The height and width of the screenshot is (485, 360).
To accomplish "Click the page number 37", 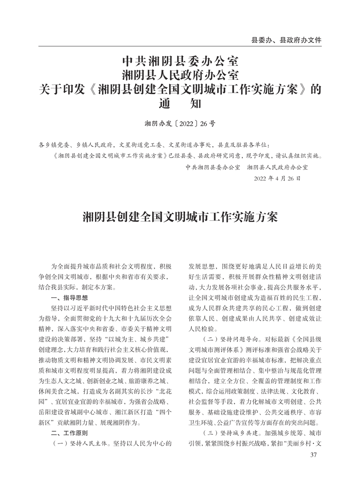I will click(x=314, y=455).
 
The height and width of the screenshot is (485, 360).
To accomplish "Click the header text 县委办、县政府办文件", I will click(x=286, y=40).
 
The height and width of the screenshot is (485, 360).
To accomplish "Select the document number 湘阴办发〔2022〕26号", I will click(x=180, y=124).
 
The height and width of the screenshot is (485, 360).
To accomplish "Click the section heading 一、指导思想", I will click(x=70, y=298).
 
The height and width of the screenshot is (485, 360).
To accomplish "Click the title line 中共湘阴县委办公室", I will click(x=180, y=59).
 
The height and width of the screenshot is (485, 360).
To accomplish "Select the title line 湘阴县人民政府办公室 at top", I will click(x=180, y=74).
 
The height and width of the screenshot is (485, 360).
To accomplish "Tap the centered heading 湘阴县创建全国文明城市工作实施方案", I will click(x=180, y=217).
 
